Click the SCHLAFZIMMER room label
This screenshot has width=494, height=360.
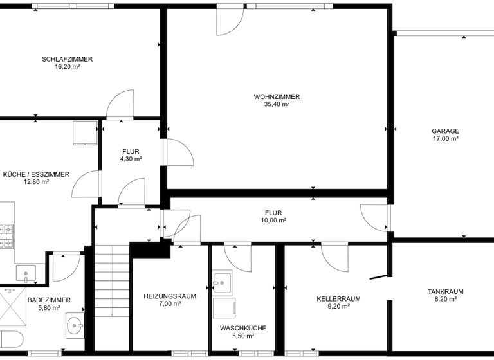[67, 59]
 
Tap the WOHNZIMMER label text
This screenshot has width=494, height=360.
[277, 96]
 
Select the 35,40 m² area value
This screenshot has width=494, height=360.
[277, 104]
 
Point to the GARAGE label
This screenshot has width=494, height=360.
[445, 130]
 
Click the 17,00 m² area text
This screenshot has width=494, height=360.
[445, 138]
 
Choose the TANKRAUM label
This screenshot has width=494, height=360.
[445, 291]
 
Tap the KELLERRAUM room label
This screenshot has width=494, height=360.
[338, 299]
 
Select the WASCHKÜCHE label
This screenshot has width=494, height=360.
[242, 328]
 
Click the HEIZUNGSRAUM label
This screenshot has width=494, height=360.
[170, 296]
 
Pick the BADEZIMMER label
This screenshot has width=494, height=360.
[49, 300]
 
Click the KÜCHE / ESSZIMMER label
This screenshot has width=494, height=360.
[36, 174]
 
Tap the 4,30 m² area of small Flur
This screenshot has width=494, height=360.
[131, 159]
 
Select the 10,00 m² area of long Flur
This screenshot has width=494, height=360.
[273, 220]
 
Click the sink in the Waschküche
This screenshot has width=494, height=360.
[221, 282]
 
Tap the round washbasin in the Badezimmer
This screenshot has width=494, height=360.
[76, 326]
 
